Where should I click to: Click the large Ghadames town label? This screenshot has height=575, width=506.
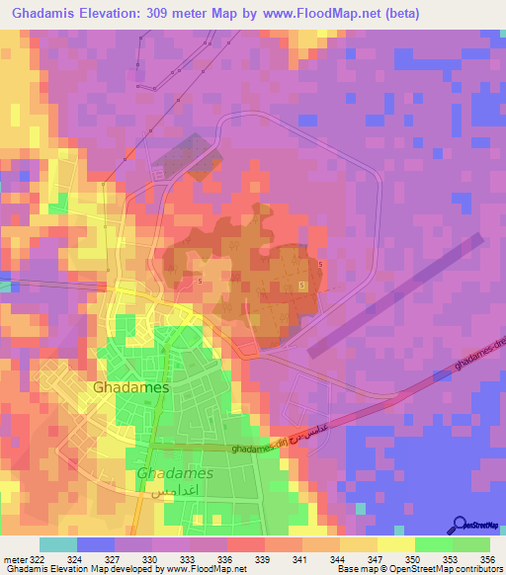[x=130, y=388]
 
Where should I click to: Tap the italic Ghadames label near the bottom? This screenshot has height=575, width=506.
[x=176, y=473]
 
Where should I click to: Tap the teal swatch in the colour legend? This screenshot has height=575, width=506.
[x=58, y=544]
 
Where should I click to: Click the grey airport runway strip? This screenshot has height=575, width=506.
[x=395, y=294]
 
